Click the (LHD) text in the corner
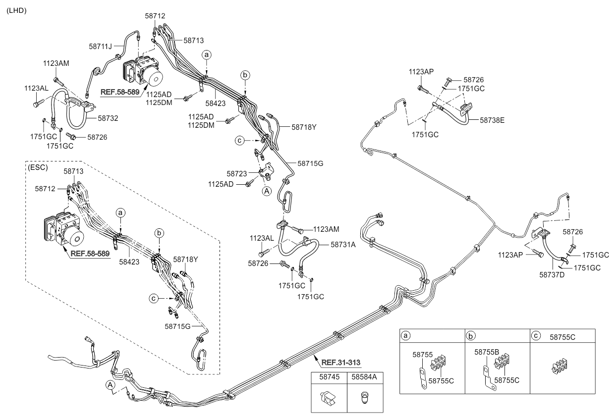pyautogui.click(x=16, y=10)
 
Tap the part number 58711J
pyautogui.click(x=101, y=46)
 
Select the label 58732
pyautogui.click(x=108, y=118)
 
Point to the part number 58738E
pyautogui.click(x=492, y=120)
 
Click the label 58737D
pyautogui.click(x=552, y=274)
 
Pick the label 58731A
pyautogui.click(x=343, y=244)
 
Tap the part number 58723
pyautogui.click(x=237, y=174)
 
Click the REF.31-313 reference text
pyautogui.click(x=341, y=363)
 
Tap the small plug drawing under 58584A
pyautogui.click(x=365, y=397)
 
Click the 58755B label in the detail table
pyautogui.click(x=487, y=352)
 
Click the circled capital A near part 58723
pyautogui.click(x=267, y=191)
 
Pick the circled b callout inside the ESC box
pyautogui.click(x=159, y=233)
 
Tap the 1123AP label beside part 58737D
pyautogui.click(x=510, y=255)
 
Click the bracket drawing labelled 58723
pyautogui.click(x=266, y=171)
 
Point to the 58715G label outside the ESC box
pyautogui.click(x=310, y=163)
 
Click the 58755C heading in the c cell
pyautogui.click(x=562, y=337)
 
